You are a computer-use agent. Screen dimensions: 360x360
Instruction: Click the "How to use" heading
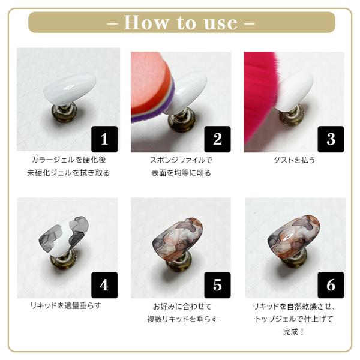tap(181, 23)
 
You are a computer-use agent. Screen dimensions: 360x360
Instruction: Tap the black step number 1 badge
tap(104, 139)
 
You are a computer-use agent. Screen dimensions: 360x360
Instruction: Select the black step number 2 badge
tap(217, 139)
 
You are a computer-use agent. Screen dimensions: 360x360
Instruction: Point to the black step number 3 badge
tap(331, 139)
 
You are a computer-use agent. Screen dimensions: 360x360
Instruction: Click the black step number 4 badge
tap(104, 285)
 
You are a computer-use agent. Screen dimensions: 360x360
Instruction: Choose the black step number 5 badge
tap(217, 285)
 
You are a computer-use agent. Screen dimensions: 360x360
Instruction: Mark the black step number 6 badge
tap(331, 285)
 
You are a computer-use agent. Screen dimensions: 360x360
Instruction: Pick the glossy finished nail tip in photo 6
tap(293, 236)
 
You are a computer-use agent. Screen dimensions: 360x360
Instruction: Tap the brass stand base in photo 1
tap(64, 114)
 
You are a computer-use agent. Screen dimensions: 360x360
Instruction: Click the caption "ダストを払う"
tap(294, 160)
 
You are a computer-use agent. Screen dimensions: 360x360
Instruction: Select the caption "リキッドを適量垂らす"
tap(65, 305)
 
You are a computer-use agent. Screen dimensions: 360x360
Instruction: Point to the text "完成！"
tap(294, 332)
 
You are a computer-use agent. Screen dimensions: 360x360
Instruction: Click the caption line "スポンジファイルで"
tap(181, 160)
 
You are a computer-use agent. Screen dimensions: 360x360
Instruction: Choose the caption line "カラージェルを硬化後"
tap(68, 160)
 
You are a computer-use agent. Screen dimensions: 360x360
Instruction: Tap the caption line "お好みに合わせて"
tap(182, 306)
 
